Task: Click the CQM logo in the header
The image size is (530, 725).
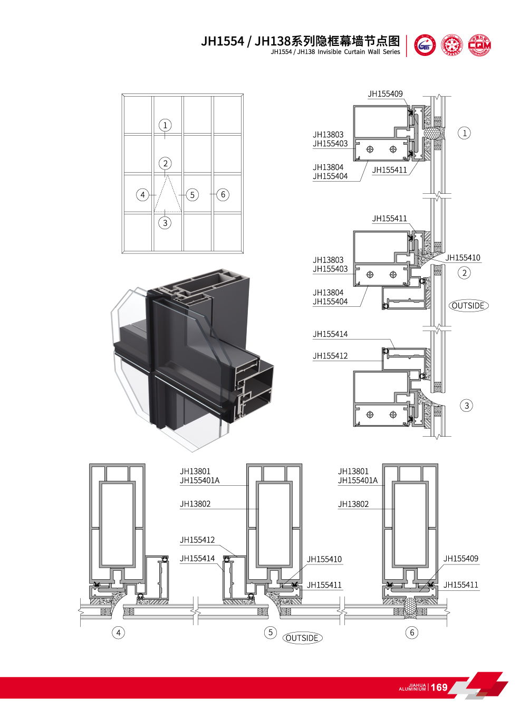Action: tap(479, 45)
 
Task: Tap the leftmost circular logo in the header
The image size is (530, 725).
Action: tap(425, 45)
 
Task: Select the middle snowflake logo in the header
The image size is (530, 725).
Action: tap(452, 45)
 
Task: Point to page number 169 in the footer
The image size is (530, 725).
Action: tap(439, 687)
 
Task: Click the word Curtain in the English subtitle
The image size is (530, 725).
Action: tap(355, 52)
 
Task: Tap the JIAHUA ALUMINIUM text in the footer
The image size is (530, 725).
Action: tap(412, 687)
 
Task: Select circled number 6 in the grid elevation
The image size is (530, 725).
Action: tap(223, 194)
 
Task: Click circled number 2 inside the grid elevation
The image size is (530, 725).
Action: tap(166, 163)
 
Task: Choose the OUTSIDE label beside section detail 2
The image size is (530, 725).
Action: tap(468, 306)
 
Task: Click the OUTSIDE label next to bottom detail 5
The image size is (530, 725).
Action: tap(302, 638)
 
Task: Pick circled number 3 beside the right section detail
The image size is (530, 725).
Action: tap(466, 406)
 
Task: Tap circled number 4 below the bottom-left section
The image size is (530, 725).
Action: tap(119, 633)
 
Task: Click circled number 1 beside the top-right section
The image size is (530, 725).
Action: tap(465, 133)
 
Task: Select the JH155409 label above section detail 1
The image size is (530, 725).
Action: tap(385, 94)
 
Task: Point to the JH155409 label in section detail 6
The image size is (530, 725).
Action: tap(461, 559)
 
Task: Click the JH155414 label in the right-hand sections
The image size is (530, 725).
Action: tap(330, 334)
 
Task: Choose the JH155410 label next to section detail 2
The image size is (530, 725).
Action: tap(463, 258)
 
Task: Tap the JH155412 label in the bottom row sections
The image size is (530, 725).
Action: tap(197, 540)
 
